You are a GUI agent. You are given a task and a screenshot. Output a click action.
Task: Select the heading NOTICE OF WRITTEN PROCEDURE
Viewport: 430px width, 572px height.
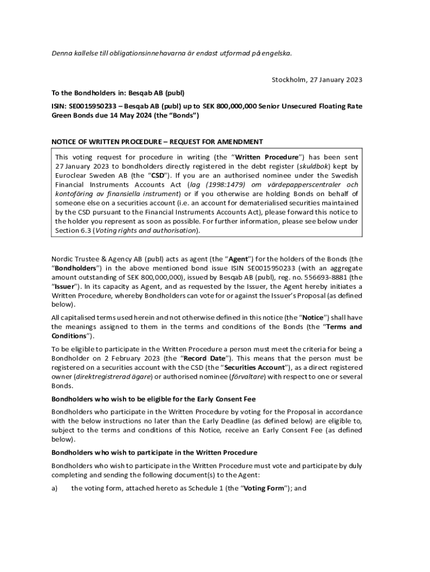click(104, 142)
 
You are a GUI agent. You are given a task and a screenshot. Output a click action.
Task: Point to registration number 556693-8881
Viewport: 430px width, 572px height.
click(321, 277)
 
